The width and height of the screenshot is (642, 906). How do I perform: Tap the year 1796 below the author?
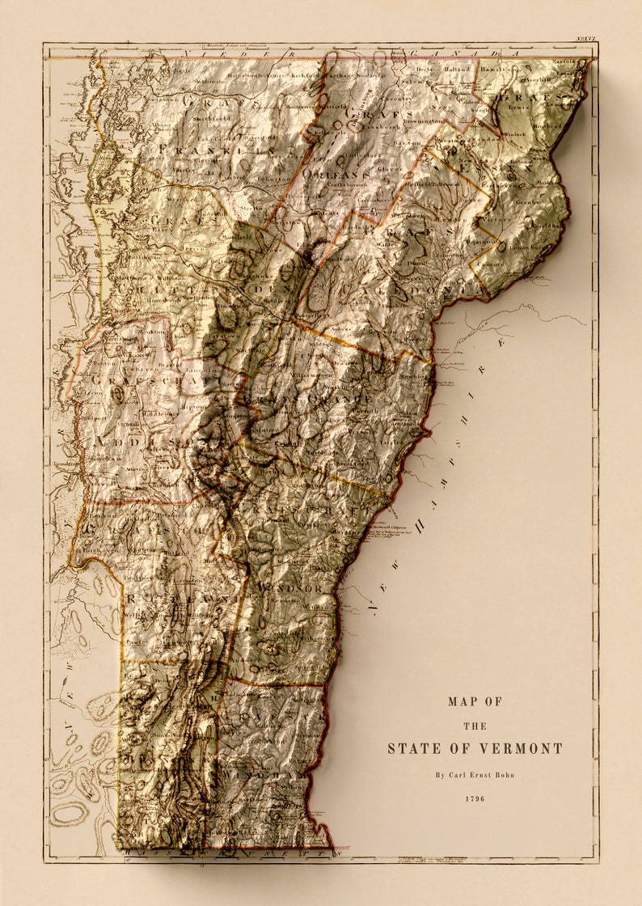[475, 799]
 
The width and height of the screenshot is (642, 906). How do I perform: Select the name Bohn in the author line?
[501, 775]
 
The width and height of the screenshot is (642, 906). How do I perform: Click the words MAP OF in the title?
[475, 701]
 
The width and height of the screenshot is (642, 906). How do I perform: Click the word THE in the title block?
[475, 726]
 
